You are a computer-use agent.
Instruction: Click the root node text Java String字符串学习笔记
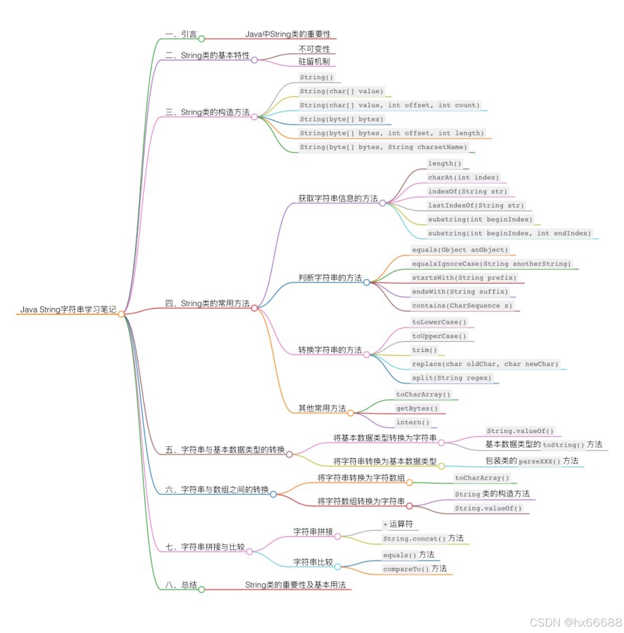68,309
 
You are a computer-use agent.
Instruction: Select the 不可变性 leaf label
314,49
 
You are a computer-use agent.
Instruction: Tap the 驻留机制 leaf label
314,61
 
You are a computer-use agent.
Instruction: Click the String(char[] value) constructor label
341,91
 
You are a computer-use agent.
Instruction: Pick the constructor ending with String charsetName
383,147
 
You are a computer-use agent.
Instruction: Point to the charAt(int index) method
463,177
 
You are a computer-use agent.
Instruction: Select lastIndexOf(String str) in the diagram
476,205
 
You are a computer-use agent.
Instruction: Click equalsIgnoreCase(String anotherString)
491,264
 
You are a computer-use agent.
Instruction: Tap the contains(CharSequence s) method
462,305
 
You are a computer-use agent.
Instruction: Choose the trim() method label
424,350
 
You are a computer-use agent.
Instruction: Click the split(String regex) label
451,378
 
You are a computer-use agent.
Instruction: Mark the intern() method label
413,422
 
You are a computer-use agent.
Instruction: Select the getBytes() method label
417,408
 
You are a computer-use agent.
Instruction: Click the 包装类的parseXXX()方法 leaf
531,461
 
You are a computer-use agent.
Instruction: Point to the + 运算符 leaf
398,524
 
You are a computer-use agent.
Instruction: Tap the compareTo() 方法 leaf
414,569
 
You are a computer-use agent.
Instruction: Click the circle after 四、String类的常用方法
254,308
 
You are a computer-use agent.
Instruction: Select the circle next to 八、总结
201,589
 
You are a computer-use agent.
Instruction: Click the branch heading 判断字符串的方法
330,277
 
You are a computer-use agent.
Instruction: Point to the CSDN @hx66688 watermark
575,622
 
